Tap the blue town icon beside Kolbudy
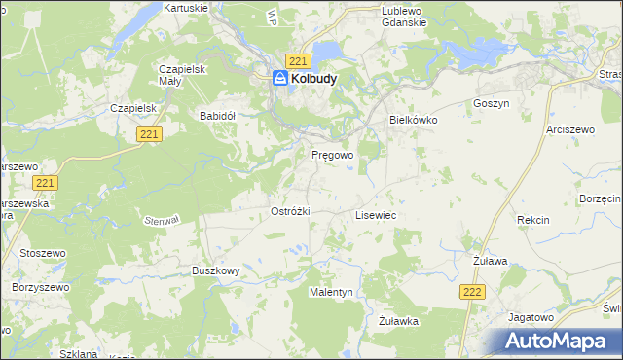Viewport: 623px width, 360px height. (x=280, y=80)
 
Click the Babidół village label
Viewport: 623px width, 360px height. (x=218, y=115)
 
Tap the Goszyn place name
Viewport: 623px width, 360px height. (x=491, y=103)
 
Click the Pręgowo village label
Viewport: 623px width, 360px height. (x=332, y=155)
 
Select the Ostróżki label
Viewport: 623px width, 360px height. (x=290, y=211)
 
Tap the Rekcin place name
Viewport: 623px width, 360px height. (x=532, y=221)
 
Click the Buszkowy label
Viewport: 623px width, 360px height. (x=215, y=271)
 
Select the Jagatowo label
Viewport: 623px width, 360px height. (x=531, y=317)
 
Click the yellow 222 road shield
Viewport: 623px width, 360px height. (x=472, y=292)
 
